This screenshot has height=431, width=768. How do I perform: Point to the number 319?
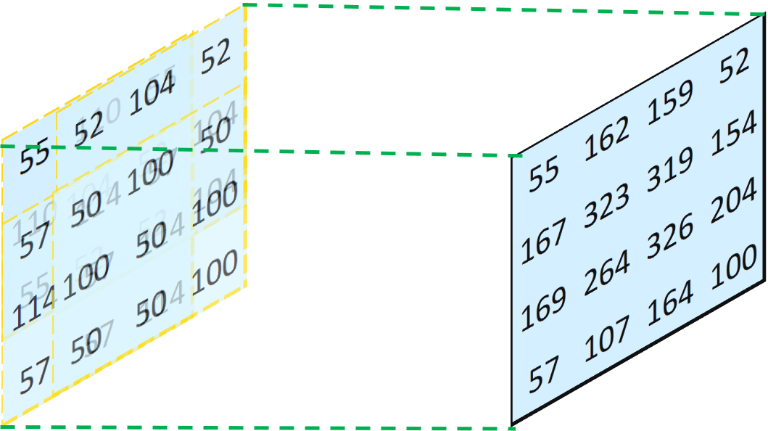(669, 170)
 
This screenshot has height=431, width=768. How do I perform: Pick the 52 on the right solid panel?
(734, 65)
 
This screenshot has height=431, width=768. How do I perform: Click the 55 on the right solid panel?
(544, 176)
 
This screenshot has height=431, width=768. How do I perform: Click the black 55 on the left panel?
(34, 158)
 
